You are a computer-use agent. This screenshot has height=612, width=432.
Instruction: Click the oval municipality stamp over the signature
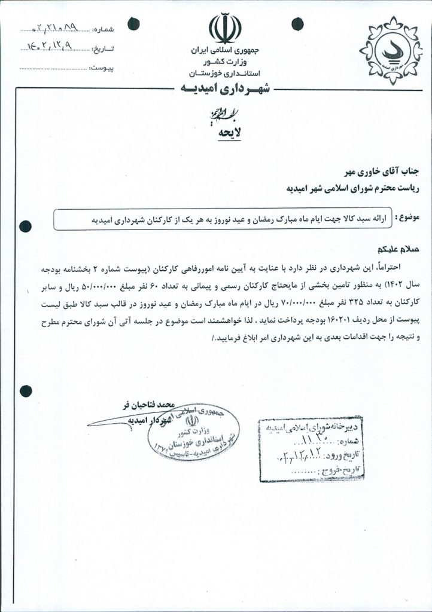click(193, 432)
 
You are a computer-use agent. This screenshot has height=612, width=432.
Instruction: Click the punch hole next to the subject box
click(26, 226)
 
